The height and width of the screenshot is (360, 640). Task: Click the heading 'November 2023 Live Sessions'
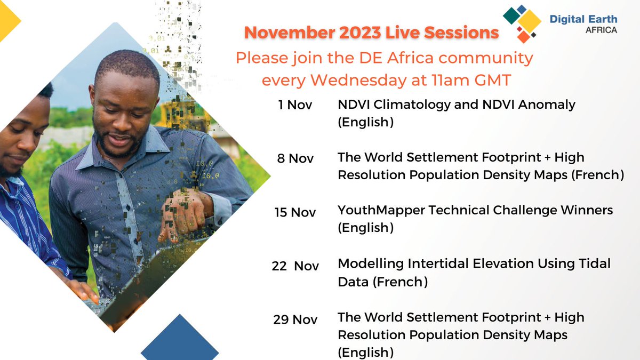[x=371, y=33]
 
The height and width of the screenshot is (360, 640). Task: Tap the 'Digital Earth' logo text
[x=583, y=19]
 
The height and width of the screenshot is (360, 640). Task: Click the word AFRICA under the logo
[x=601, y=30]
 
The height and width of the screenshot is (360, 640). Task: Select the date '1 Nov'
[x=295, y=105]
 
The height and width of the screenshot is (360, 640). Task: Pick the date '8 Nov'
[x=296, y=158]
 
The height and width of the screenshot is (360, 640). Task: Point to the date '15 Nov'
[x=295, y=212]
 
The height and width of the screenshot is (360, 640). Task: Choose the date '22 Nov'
[x=295, y=266]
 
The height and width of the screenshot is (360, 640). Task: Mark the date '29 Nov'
[x=295, y=319]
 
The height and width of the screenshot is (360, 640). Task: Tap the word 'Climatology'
[x=416, y=105]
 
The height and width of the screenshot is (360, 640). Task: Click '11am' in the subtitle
[x=447, y=81]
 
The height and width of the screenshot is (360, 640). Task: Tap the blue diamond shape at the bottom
[x=180, y=341]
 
